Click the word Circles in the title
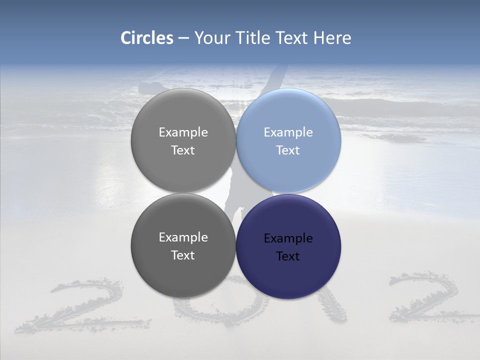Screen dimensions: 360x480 click(x=146, y=38)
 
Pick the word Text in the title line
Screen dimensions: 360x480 click(x=293, y=38)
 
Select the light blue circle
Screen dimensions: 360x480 click(x=288, y=141)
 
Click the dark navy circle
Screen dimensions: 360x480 click(x=288, y=246)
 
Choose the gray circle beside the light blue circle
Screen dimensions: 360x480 click(x=183, y=141)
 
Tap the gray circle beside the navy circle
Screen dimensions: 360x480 click(x=183, y=246)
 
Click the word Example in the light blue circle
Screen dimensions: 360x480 click(x=288, y=132)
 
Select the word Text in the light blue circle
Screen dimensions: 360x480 click(x=288, y=150)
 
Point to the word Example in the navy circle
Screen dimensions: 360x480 click(x=288, y=238)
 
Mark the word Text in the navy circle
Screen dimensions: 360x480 click(x=288, y=256)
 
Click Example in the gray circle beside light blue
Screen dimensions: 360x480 click(x=183, y=132)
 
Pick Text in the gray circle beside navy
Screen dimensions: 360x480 click(x=183, y=255)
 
